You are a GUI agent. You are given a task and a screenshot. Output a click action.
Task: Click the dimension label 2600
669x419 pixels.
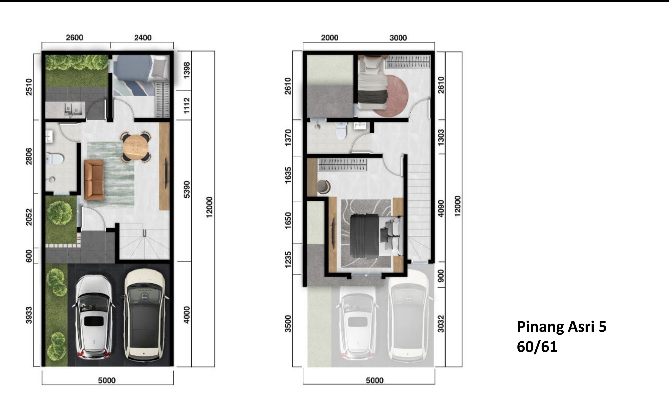(74, 38)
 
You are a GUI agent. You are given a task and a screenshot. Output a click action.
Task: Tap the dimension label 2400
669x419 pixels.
(143, 38)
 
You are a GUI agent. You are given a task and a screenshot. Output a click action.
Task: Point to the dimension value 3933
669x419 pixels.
(29, 315)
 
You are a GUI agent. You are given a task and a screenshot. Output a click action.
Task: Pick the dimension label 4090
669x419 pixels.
(441, 208)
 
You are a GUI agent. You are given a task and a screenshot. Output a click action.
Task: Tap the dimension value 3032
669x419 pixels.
(441, 324)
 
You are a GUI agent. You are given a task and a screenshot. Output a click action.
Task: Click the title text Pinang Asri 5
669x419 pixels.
(562, 327)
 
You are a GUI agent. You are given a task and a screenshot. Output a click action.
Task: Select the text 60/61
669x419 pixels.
(537, 347)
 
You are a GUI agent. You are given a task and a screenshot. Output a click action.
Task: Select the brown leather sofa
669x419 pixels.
(94, 179)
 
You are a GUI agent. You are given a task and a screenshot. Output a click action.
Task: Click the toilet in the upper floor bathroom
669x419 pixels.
(341, 132)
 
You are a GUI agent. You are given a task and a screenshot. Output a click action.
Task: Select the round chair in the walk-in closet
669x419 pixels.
(324, 186)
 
